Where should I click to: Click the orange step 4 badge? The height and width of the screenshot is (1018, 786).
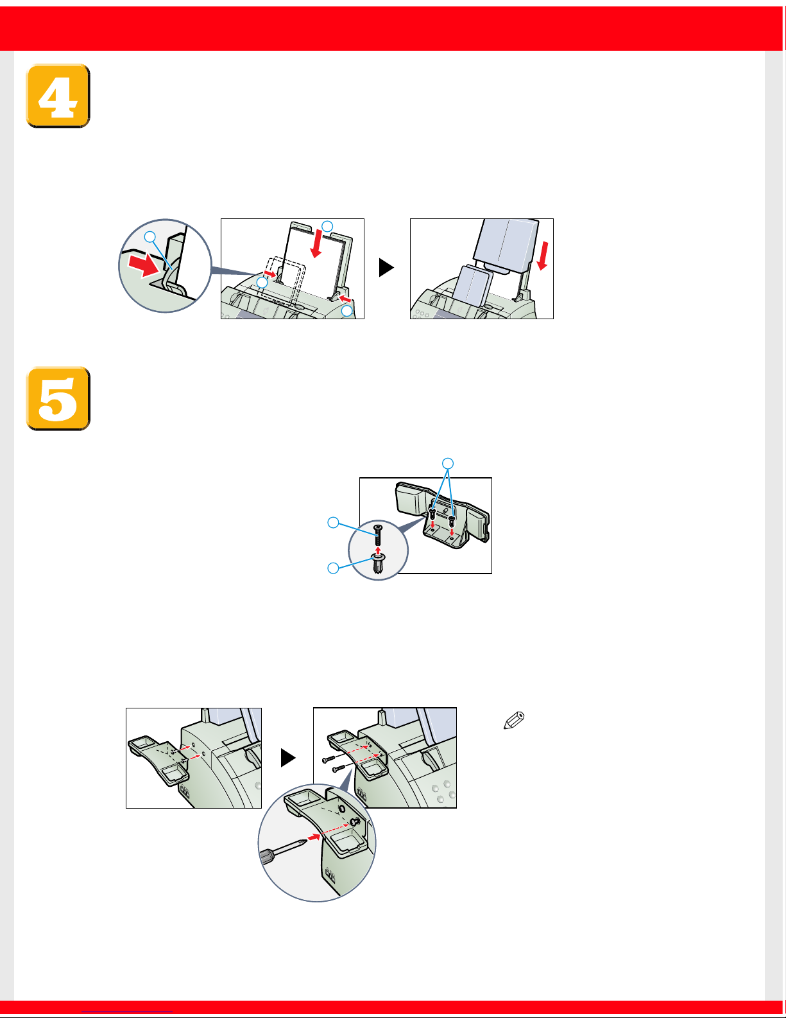click(58, 96)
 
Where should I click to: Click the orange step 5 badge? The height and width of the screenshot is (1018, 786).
click(58, 399)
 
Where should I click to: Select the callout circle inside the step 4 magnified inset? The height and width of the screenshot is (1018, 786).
click(150, 236)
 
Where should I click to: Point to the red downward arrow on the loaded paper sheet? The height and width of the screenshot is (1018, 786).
click(317, 243)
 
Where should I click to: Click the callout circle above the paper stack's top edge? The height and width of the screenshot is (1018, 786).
click(327, 226)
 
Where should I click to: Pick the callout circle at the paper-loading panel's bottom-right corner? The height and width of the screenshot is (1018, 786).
click(346, 311)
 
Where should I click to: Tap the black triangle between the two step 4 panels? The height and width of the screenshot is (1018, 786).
click(386, 267)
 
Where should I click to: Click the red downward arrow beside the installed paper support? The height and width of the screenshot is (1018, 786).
click(543, 256)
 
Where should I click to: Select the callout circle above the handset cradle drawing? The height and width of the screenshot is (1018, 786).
click(448, 463)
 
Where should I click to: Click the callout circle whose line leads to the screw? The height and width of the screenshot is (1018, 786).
click(333, 522)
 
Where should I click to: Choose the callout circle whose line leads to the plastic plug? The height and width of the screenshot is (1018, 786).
click(333, 568)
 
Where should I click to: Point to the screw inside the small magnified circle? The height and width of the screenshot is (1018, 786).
click(378, 534)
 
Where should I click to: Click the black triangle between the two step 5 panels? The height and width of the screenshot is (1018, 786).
click(287, 757)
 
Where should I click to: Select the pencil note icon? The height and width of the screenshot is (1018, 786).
click(514, 721)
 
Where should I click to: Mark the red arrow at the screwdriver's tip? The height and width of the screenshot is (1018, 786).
click(314, 837)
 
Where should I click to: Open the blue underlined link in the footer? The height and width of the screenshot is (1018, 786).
click(127, 1012)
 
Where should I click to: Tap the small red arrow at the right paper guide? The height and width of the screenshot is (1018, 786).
click(345, 299)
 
